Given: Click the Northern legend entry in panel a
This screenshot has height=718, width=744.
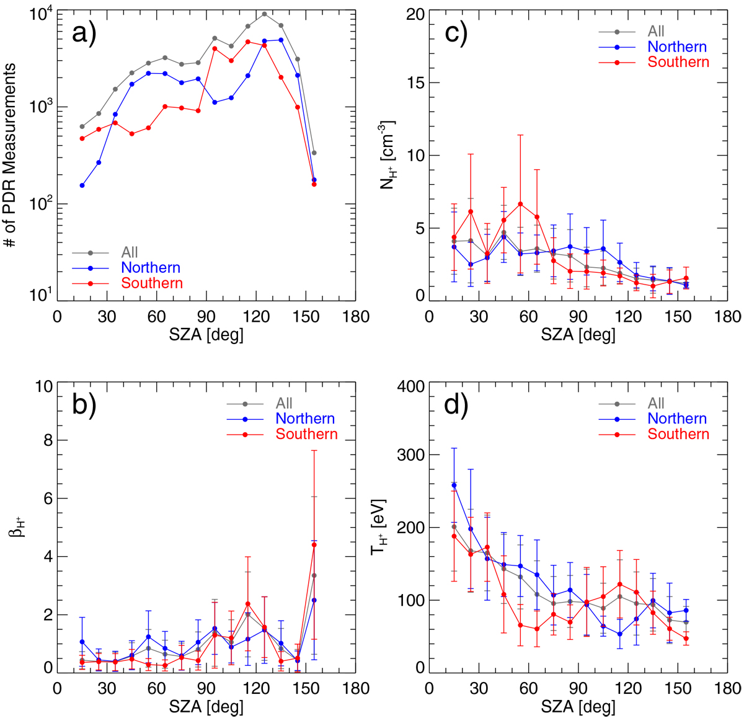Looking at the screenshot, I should [151, 268].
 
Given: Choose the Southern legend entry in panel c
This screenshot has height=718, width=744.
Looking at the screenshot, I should [678, 62].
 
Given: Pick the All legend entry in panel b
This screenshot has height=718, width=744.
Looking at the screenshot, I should [284, 404].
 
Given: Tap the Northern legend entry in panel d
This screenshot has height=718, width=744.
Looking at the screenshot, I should [677, 419].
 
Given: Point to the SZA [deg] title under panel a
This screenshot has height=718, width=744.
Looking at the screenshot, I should [206, 335].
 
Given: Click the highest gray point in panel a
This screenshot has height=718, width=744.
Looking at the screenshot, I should [265, 14].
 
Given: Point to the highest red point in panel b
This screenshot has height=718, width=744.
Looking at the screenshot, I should [314, 545].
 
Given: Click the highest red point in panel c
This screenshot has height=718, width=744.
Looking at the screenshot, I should [520, 204].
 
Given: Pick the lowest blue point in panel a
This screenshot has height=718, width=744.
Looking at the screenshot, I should [82, 185].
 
